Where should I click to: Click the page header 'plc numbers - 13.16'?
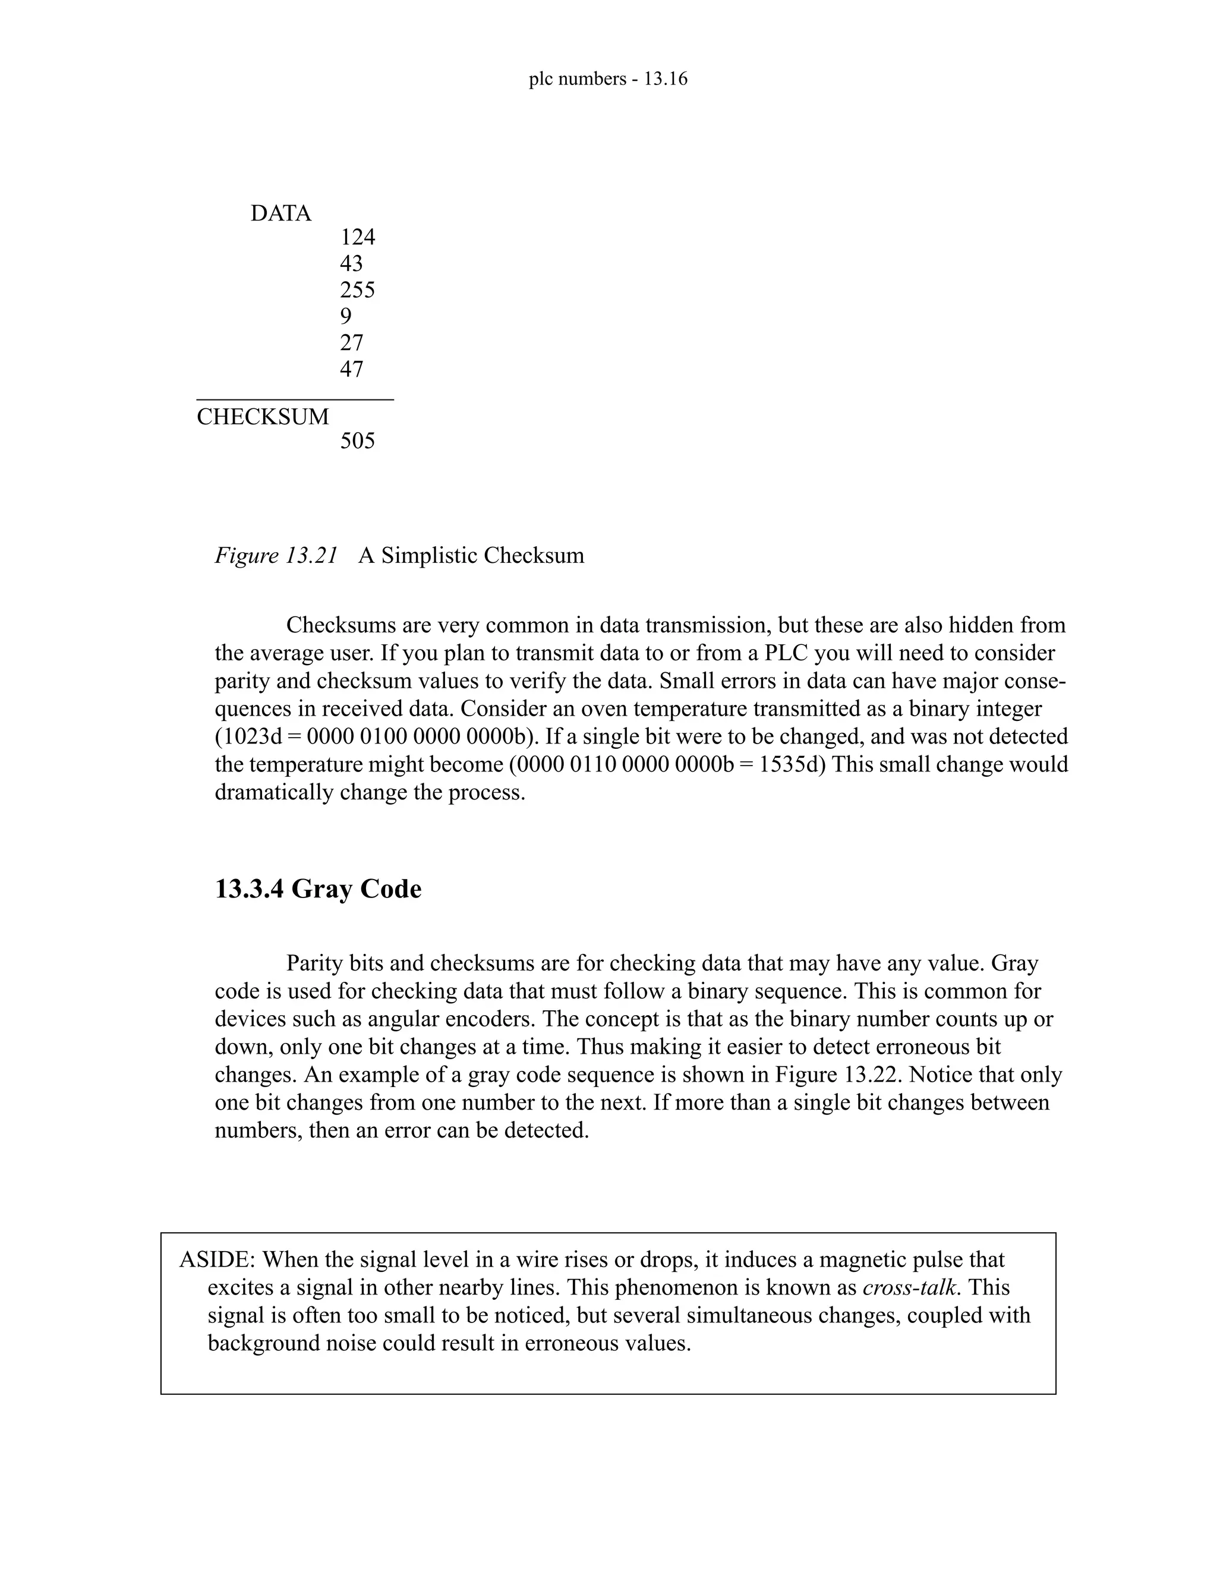[608, 78]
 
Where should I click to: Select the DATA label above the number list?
[280, 213]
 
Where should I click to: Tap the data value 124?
[358, 237]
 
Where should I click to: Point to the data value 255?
[358, 290]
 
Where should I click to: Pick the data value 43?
[351, 263]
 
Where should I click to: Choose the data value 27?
[351, 342]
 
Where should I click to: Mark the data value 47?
[351, 369]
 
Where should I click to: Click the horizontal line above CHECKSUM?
[295, 399]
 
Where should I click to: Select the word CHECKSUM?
[263, 417]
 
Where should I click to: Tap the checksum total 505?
[358, 440]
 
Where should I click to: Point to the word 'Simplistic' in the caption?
[430, 555]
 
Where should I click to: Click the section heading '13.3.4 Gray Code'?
[318, 889]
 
